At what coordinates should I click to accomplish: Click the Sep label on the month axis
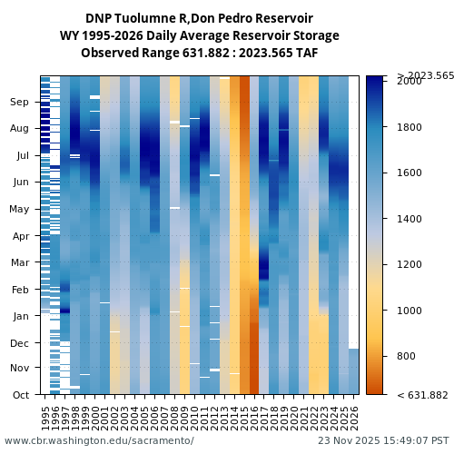tap(20, 103)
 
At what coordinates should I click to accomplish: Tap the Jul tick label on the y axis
tap(22, 155)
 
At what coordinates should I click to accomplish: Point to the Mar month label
tap(20, 262)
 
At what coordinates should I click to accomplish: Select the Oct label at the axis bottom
tap(20, 395)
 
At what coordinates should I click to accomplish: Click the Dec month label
tap(20, 342)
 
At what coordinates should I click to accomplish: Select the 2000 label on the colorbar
tap(410, 82)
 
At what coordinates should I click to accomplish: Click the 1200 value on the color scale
tap(410, 265)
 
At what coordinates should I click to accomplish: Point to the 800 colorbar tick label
tap(407, 356)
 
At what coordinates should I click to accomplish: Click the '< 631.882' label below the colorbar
tap(422, 395)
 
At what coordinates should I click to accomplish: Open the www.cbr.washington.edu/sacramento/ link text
tap(99, 441)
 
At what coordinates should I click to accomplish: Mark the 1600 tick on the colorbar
tap(410, 173)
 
